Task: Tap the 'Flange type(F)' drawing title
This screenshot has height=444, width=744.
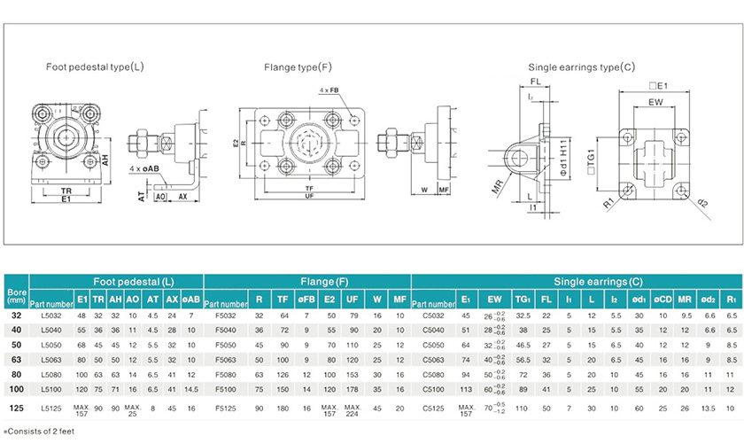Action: click(x=297, y=67)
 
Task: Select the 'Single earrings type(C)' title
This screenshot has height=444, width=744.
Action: click(x=582, y=67)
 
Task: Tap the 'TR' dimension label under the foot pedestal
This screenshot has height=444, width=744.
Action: click(x=65, y=190)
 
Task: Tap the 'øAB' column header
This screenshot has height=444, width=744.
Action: click(x=190, y=300)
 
